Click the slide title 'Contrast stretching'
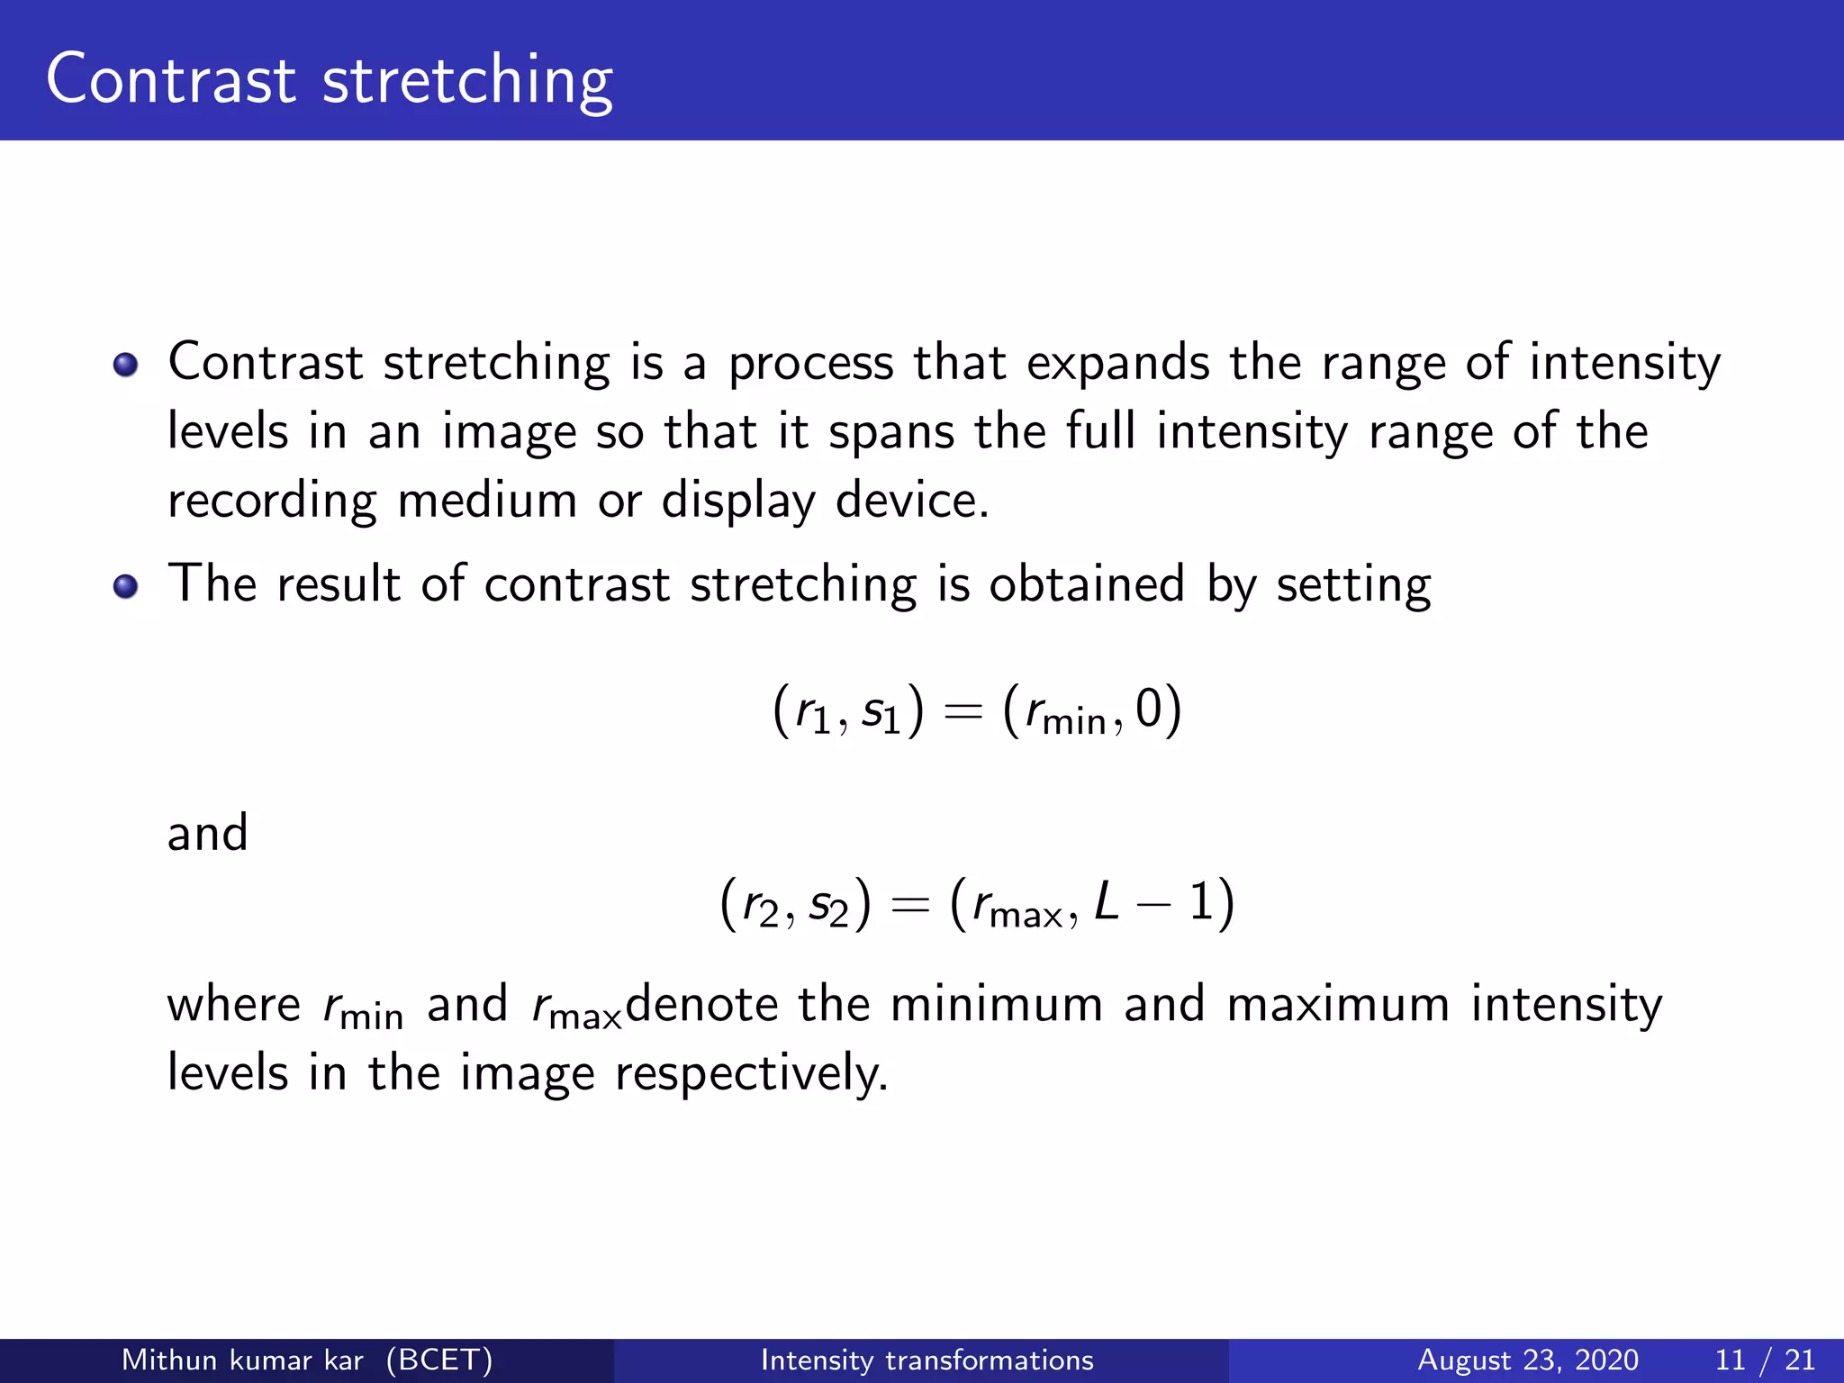(330, 81)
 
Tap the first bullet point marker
(126, 365)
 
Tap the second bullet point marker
(126, 587)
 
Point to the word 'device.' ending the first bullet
(911, 501)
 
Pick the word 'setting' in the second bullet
(1352, 586)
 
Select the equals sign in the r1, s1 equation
(962, 711)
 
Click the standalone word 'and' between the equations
(207, 833)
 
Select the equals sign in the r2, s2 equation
(909, 905)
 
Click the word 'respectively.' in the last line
(751, 1074)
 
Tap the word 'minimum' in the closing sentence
(996, 1004)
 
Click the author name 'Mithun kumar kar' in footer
(242, 1360)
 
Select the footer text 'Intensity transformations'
(927, 1360)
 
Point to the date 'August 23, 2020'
(1527, 1360)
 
